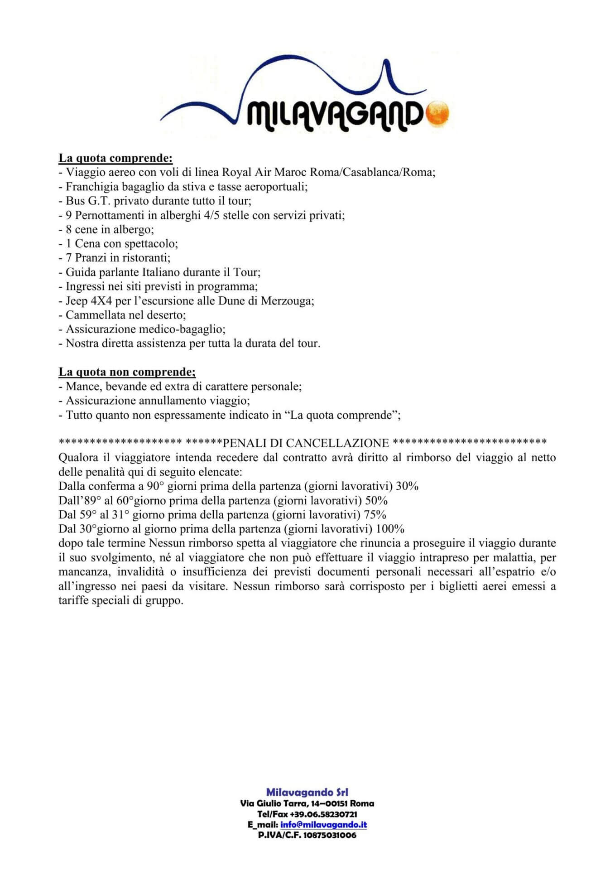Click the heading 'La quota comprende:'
115,158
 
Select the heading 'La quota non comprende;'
127,372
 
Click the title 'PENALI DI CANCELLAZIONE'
306,443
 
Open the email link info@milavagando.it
323,825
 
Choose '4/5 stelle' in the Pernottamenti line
226,215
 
